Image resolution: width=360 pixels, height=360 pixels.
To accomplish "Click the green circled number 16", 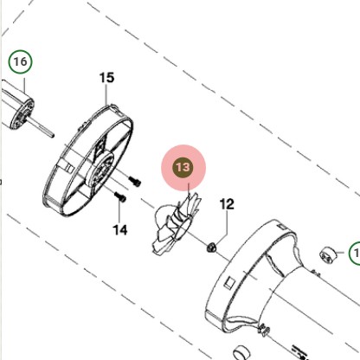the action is coord(20,61).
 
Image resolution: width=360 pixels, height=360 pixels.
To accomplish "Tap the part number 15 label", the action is coord(106,78).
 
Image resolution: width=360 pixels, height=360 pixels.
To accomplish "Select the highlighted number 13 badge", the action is coord(183,167).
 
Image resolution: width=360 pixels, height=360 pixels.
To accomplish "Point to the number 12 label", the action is coord(227,204).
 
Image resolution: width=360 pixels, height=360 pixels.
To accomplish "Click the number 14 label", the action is coord(120,230).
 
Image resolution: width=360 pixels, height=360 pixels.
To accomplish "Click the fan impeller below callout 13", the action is coord(177,224).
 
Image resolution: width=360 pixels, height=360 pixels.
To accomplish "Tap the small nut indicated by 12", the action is coord(212,247).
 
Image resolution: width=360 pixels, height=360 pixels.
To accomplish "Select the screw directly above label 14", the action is coord(120,196).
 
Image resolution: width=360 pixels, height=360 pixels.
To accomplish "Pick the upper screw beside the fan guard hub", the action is coord(134,181).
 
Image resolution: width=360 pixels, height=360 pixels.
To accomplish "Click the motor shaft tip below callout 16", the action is coord(52,135).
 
